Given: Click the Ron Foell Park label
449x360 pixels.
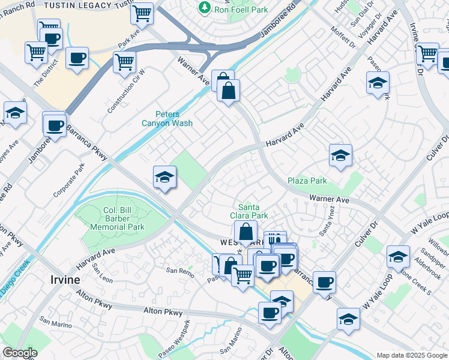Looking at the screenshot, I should (242, 9).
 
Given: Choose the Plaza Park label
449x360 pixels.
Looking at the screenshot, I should (307, 181).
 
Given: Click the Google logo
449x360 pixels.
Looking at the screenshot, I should (20, 353).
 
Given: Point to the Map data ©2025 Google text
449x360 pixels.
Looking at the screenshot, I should (411, 355).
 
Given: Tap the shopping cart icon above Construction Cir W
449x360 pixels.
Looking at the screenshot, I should (124, 61).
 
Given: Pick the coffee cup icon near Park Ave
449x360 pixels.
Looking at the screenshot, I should (77, 58).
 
